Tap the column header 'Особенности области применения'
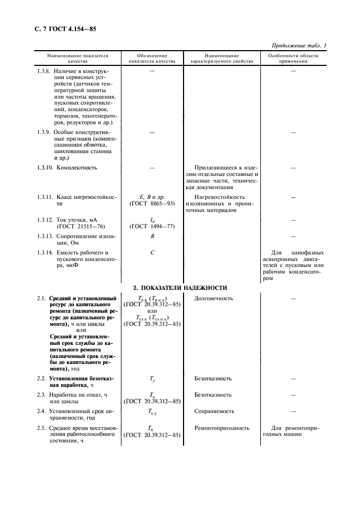point(293,59)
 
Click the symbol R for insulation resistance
point(152,236)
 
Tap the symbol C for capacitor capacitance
point(152,252)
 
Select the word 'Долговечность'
point(213,299)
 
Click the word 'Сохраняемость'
point(214,411)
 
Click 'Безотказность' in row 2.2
point(213,378)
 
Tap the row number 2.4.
point(41,411)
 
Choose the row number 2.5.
point(41,428)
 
